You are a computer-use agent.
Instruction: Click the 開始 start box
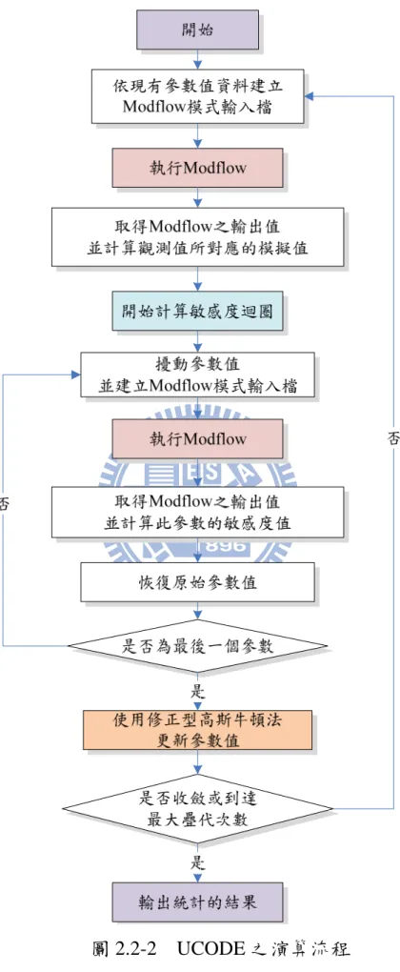(197, 30)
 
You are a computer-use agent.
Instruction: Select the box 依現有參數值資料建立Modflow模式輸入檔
(197, 96)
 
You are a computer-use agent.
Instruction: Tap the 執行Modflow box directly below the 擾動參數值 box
(197, 439)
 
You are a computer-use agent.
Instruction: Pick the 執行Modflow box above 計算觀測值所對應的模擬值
(197, 168)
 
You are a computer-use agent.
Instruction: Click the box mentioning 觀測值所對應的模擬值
(197, 236)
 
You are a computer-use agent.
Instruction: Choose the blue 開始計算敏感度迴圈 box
(197, 312)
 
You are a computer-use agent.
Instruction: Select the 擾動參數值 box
(197, 375)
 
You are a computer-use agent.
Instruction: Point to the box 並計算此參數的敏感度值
(197, 512)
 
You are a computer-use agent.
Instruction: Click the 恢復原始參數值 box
(197, 582)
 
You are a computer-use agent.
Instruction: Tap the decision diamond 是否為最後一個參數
(197, 646)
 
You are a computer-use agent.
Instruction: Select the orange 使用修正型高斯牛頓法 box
(197, 730)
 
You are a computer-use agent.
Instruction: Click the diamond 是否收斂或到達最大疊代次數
(197, 808)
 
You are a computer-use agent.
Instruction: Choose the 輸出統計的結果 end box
(197, 901)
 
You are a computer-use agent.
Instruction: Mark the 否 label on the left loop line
(5, 503)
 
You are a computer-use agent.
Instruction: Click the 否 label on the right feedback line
(393, 438)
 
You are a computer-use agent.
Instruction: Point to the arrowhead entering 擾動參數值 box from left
(76, 375)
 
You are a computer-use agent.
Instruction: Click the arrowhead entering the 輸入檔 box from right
(309, 96)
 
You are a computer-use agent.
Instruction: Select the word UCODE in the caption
(206, 948)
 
